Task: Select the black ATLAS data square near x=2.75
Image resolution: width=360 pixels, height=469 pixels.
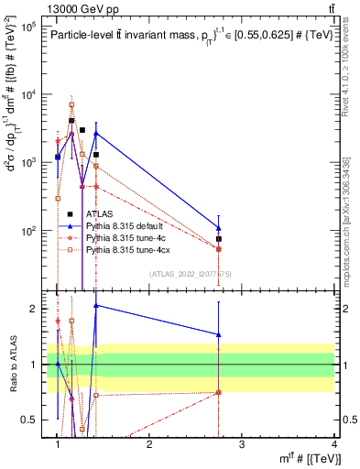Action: (x=219, y=239)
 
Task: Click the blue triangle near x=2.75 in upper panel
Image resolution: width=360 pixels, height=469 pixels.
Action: (x=219, y=227)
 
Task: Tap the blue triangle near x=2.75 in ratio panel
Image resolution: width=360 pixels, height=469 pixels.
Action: (x=219, y=334)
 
